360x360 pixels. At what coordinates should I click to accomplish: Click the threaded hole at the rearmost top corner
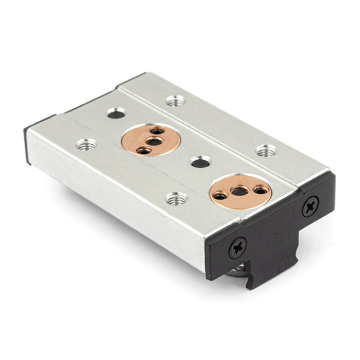pos(175,99)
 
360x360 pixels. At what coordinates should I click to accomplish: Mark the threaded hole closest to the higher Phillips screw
pos(265,151)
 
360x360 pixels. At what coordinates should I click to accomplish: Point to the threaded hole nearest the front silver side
pos(177,199)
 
